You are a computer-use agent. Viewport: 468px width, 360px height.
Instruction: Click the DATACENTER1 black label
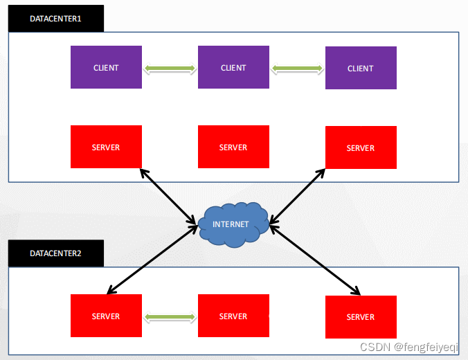tap(55, 19)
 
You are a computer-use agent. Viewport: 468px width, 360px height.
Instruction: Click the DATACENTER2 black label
tap(55, 253)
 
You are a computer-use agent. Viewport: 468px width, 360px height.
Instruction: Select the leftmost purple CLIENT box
tap(106, 67)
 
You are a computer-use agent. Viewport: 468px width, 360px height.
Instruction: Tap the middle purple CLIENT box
tap(233, 67)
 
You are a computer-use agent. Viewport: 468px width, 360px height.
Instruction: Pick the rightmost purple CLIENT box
tap(361, 68)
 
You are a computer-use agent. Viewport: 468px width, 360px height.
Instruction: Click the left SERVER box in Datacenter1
tap(106, 147)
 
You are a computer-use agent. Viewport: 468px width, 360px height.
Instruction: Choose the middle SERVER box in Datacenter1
tap(233, 147)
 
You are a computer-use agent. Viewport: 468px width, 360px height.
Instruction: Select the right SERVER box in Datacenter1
tap(361, 147)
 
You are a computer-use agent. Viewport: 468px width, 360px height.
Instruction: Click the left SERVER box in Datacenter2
tap(106, 316)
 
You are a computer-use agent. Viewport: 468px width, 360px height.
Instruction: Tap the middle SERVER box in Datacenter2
tap(233, 316)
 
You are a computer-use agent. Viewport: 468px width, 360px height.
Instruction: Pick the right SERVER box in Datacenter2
tap(361, 316)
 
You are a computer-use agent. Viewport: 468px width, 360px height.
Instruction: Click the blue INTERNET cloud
tap(233, 224)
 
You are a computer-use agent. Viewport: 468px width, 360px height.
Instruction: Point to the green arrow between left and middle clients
tap(170, 69)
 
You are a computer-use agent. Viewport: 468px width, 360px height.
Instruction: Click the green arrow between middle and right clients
tap(297, 69)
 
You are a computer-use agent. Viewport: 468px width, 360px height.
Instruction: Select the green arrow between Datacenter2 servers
tap(170, 317)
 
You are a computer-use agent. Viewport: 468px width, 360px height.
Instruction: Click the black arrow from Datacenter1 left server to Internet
tap(168, 197)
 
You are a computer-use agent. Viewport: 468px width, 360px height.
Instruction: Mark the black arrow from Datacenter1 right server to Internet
tap(298, 197)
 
